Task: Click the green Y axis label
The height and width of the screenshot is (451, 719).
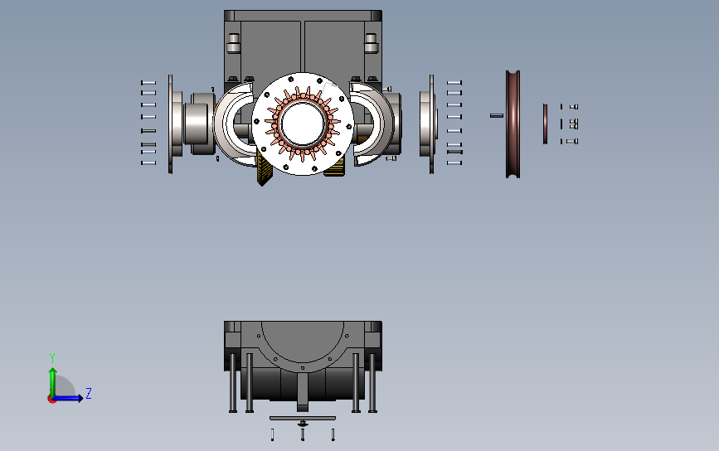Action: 51,358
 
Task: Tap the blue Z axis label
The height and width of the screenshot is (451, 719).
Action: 89,394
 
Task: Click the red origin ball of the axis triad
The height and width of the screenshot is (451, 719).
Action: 51,400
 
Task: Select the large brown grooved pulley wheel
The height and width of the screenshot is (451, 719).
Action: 513,124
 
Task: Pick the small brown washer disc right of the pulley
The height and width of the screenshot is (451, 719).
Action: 545,124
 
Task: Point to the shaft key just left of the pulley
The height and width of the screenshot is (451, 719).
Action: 497,115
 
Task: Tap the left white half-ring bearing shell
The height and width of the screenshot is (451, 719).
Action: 234,124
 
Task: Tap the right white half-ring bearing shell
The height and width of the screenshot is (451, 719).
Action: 372,124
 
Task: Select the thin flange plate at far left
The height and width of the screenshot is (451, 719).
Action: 171,124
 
